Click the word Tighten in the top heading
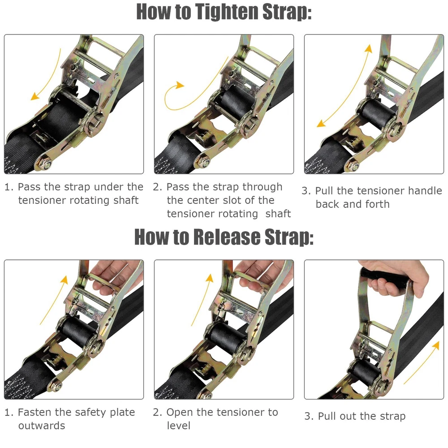(227, 12)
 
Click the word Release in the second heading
(227, 237)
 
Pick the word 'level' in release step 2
(179, 426)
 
